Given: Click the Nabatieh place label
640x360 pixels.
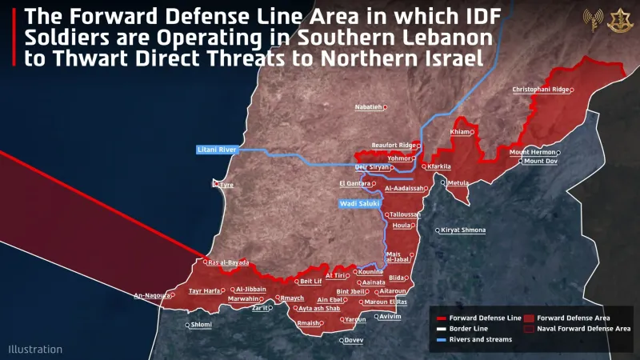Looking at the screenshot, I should pyautogui.click(x=370, y=106).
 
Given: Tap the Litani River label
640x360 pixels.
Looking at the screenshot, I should pyautogui.click(x=216, y=150).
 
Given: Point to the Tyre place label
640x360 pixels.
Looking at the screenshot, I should pyautogui.click(x=226, y=185).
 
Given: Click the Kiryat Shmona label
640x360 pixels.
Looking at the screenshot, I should pyautogui.click(x=463, y=230).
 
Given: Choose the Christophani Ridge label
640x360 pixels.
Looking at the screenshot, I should pyautogui.click(x=541, y=90).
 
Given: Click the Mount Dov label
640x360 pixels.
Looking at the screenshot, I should pyautogui.click(x=540, y=162).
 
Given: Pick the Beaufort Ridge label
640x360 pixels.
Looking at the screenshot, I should pyautogui.click(x=394, y=145).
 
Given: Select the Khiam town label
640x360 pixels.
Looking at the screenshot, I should pyautogui.click(x=460, y=132).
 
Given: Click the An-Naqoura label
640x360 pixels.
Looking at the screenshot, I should pyautogui.click(x=151, y=295).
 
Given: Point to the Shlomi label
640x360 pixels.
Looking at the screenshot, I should pyautogui.click(x=201, y=325).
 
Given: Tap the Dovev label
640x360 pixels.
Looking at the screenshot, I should pyautogui.click(x=353, y=340).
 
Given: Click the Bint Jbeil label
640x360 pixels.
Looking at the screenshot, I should pyautogui.click(x=351, y=292).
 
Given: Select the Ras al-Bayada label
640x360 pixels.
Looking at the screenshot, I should pyautogui.click(x=228, y=262).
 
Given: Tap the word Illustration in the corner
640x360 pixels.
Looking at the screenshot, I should pyautogui.click(x=35, y=349).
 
